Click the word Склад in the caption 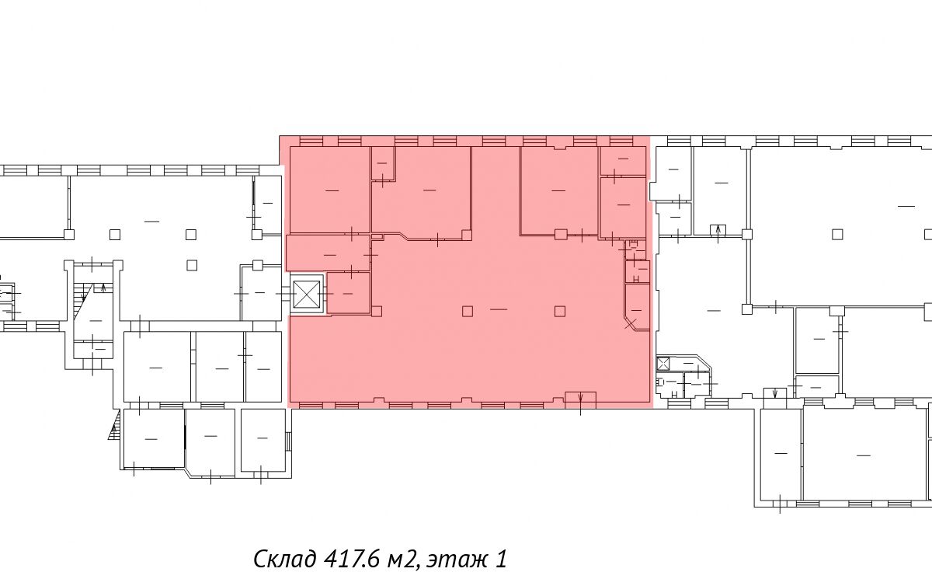(284, 559)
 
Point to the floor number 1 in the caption (502, 559)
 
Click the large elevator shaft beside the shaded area (307, 294)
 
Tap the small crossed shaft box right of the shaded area (662, 364)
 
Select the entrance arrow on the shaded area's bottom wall (580, 400)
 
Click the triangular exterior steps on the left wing (115, 424)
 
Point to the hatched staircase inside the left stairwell (82, 301)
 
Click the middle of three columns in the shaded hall (468, 311)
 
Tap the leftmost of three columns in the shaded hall (377, 311)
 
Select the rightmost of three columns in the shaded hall (560, 311)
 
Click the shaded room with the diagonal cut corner (637, 307)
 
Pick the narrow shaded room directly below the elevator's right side (349, 293)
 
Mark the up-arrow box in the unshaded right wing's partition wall (718, 230)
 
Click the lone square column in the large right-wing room (837, 235)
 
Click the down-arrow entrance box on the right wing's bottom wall (775, 392)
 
